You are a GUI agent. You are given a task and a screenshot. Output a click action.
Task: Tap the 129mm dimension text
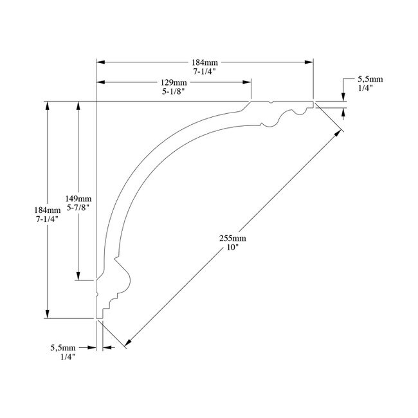(x=174, y=83)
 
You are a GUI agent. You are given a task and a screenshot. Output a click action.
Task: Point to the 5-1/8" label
(x=174, y=92)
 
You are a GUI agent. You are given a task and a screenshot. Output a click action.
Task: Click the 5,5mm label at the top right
(x=370, y=79)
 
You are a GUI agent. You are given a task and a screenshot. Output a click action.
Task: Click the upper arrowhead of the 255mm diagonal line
(x=338, y=132)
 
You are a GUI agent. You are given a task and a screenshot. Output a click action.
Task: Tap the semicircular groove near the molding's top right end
(x=299, y=113)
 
